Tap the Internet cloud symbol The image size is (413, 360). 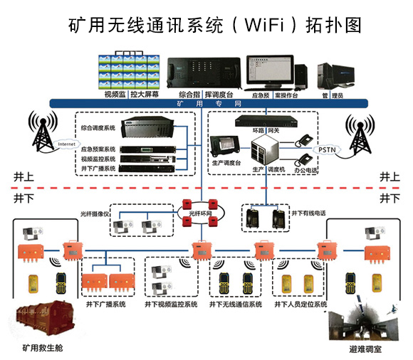point(66,144)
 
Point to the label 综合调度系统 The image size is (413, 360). point(98,127)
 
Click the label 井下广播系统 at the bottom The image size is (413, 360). point(105,304)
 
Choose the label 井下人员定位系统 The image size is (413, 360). point(300,304)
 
